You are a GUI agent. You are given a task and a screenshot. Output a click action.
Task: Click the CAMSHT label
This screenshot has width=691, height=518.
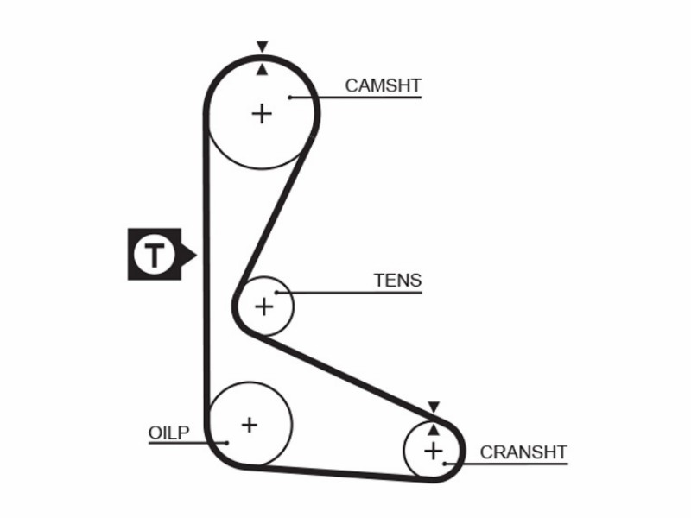point(383,85)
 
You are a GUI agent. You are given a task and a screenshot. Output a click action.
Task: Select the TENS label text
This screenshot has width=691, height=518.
point(397,280)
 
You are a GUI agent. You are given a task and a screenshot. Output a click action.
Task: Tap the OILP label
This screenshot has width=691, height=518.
point(168,433)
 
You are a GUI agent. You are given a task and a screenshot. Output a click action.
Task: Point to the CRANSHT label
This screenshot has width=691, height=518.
point(523,452)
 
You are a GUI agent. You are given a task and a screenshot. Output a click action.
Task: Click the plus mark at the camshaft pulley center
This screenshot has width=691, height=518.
point(263,114)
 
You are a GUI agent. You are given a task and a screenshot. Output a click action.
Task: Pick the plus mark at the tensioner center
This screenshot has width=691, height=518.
point(264,306)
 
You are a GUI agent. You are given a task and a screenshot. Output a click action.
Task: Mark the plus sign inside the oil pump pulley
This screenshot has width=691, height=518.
point(250,425)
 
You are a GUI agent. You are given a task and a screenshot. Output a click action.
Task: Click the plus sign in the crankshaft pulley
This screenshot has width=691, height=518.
point(434,451)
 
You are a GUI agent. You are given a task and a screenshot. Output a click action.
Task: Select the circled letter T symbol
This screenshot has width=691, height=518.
point(155,254)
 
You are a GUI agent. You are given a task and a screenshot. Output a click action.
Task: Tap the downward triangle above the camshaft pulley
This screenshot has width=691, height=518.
point(263,47)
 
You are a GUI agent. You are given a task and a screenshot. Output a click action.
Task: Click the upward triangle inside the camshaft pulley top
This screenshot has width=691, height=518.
point(263,70)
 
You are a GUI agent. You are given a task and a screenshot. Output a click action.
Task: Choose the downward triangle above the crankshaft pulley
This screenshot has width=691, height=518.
point(434,407)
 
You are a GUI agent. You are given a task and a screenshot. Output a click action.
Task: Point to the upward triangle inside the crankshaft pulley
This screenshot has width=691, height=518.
point(434,430)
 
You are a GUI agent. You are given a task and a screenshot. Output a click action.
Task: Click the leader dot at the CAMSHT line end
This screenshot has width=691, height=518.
point(290,98)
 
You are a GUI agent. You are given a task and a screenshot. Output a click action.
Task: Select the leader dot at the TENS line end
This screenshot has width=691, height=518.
point(276,293)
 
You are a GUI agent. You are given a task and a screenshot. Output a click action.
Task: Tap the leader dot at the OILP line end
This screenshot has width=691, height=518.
point(227,443)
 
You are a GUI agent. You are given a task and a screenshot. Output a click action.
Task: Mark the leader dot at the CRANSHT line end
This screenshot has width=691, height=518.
point(445,464)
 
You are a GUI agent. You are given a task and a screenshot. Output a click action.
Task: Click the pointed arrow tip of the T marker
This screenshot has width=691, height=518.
point(196,255)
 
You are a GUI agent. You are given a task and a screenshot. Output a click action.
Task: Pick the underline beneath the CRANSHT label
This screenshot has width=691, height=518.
point(506,464)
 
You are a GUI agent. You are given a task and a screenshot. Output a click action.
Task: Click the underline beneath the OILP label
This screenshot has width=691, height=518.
point(187,443)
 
